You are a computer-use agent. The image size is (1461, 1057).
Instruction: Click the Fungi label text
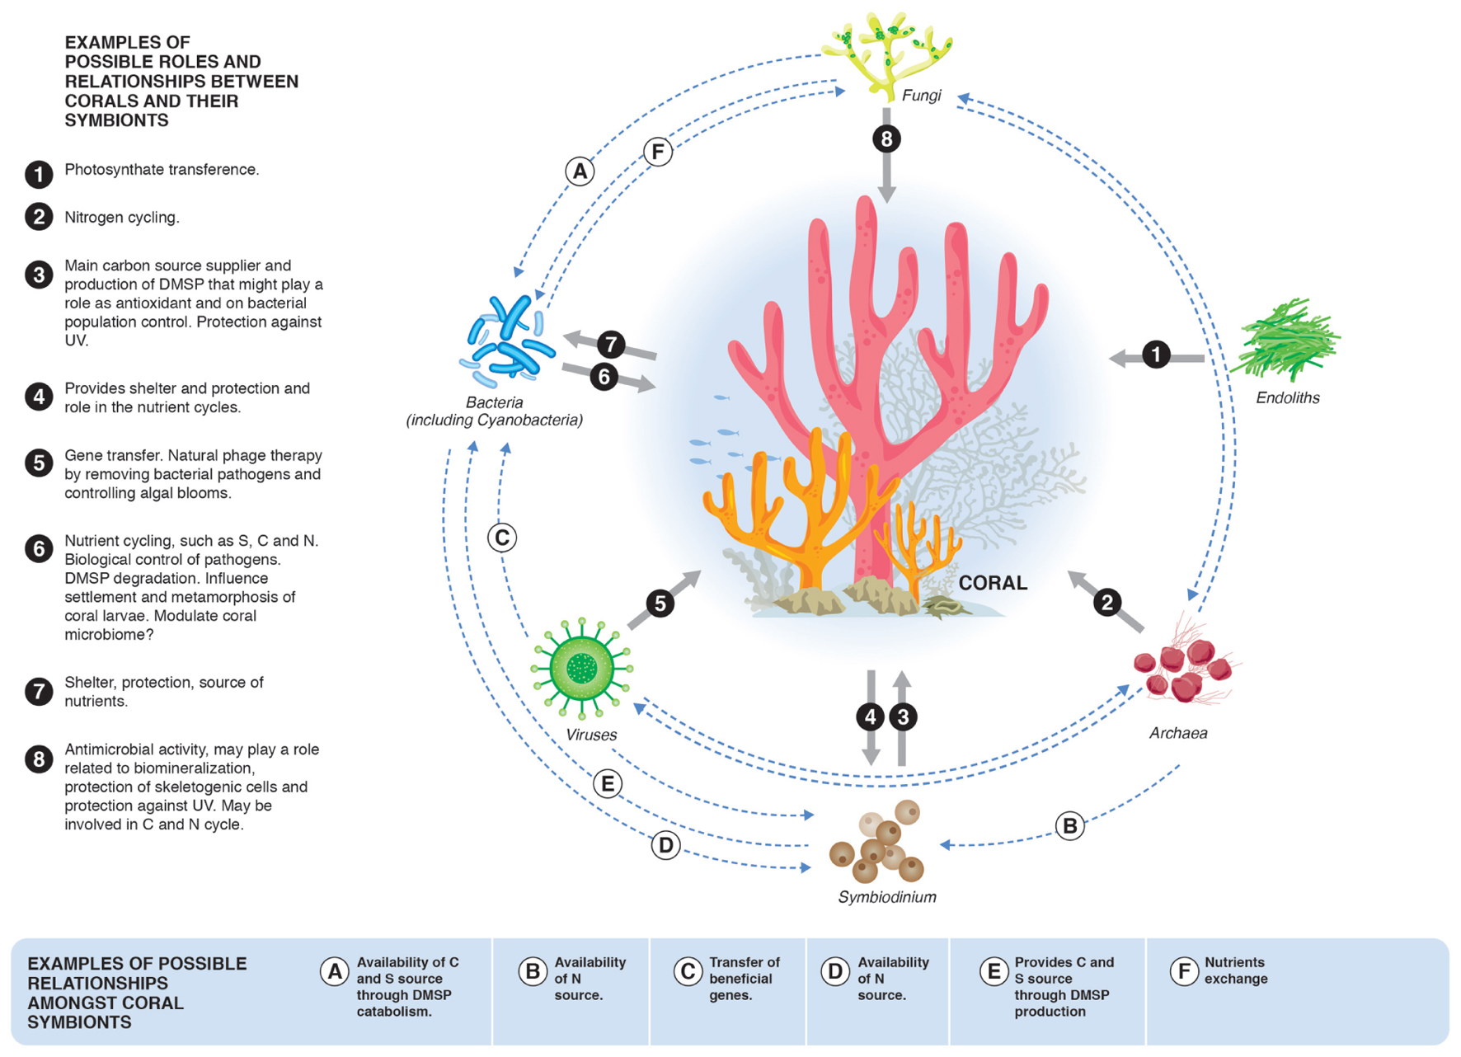point(921,96)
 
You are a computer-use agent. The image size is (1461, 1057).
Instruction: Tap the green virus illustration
point(582,668)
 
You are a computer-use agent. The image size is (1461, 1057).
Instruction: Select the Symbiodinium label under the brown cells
point(887,897)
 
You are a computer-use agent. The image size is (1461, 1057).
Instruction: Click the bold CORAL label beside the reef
point(993,583)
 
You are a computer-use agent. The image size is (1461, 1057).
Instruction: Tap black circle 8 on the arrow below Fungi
point(886,139)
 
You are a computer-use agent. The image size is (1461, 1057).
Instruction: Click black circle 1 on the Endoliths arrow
point(1156,355)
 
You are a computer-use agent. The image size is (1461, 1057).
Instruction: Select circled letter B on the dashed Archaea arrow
point(1069,825)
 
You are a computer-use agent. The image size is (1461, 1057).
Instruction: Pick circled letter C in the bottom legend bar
point(687,972)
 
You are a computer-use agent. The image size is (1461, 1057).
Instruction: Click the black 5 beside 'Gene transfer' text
point(39,463)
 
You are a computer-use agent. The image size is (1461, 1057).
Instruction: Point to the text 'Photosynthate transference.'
point(162,170)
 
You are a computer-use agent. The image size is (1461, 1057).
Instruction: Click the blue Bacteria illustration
point(507,341)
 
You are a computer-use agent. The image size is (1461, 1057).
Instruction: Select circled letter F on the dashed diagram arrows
point(658,152)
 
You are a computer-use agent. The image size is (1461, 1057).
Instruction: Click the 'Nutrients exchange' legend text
point(1236,970)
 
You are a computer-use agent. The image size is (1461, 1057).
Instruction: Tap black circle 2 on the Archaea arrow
point(1107,603)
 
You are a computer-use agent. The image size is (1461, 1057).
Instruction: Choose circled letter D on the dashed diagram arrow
point(665,845)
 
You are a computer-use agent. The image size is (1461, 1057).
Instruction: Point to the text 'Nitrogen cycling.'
point(122,218)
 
